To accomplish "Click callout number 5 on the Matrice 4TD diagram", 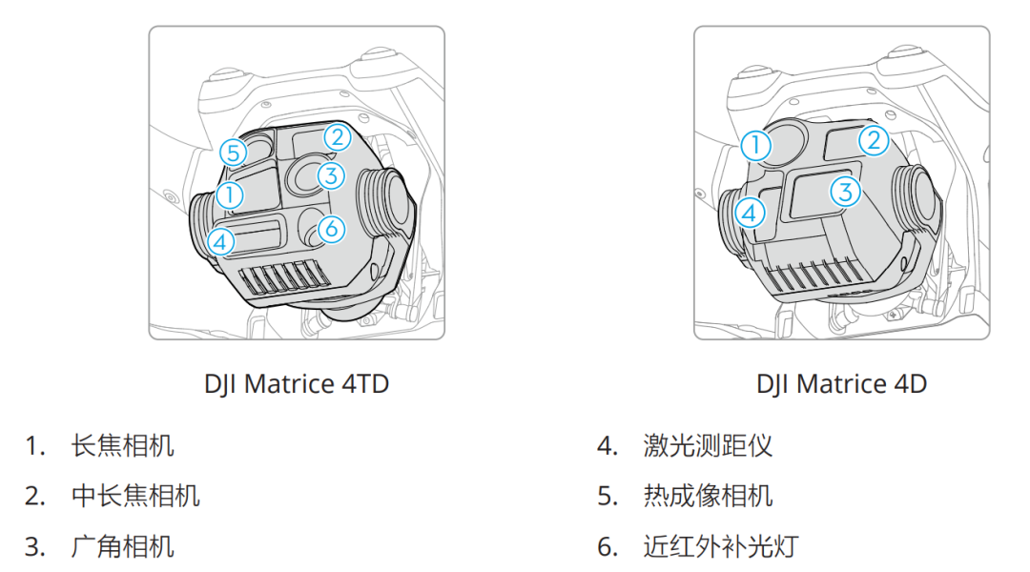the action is [x=233, y=152].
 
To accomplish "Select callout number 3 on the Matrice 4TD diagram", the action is [x=330, y=175].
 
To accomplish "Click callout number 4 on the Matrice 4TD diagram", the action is [x=219, y=241].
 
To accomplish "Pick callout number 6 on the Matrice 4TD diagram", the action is [x=329, y=229].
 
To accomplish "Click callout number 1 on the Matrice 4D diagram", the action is [x=754, y=146].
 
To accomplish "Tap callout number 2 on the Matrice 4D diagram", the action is [x=873, y=141].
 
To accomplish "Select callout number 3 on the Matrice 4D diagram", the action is [x=844, y=192].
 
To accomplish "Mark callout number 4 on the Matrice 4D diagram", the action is [x=751, y=212].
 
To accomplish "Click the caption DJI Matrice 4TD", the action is [x=297, y=384].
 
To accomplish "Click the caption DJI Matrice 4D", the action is [x=841, y=384].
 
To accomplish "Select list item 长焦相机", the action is [x=123, y=445].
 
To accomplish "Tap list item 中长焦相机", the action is [x=135, y=496].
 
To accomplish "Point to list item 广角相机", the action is [x=123, y=546].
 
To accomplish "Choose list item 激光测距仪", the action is [x=708, y=445].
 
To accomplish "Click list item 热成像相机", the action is [x=708, y=496].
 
